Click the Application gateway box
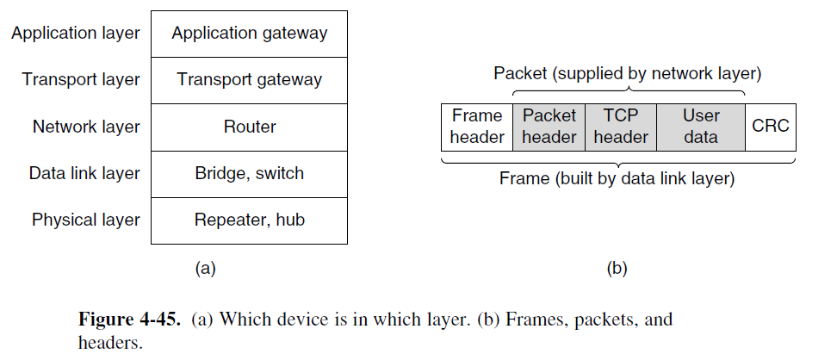pyautogui.click(x=249, y=34)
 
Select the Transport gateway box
pyautogui.click(x=249, y=80)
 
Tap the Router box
pyautogui.click(x=249, y=127)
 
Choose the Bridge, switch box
pyautogui.click(x=249, y=173)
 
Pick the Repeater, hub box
pyautogui.click(x=249, y=220)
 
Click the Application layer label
pyautogui.click(x=76, y=34)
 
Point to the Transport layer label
pyautogui.click(x=81, y=80)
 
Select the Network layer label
pyautogui.click(x=86, y=127)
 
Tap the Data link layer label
pyautogui.click(x=84, y=173)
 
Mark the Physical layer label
pyautogui.click(x=86, y=220)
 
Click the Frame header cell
pyautogui.click(x=476, y=127)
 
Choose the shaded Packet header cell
pyautogui.click(x=549, y=127)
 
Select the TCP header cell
pyautogui.click(x=621, y=127)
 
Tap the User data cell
pyautogui.click(x=700, y=127)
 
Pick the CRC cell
pyautogui.click(x=770, y=127)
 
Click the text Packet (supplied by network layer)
pyautogui.click(x=627, y=73)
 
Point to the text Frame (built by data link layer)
pyautogui.click(x=617, y=179)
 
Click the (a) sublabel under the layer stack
pyautogui.click(x=204, y=268)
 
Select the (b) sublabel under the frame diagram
pyautogui.click(x=617, y=268)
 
